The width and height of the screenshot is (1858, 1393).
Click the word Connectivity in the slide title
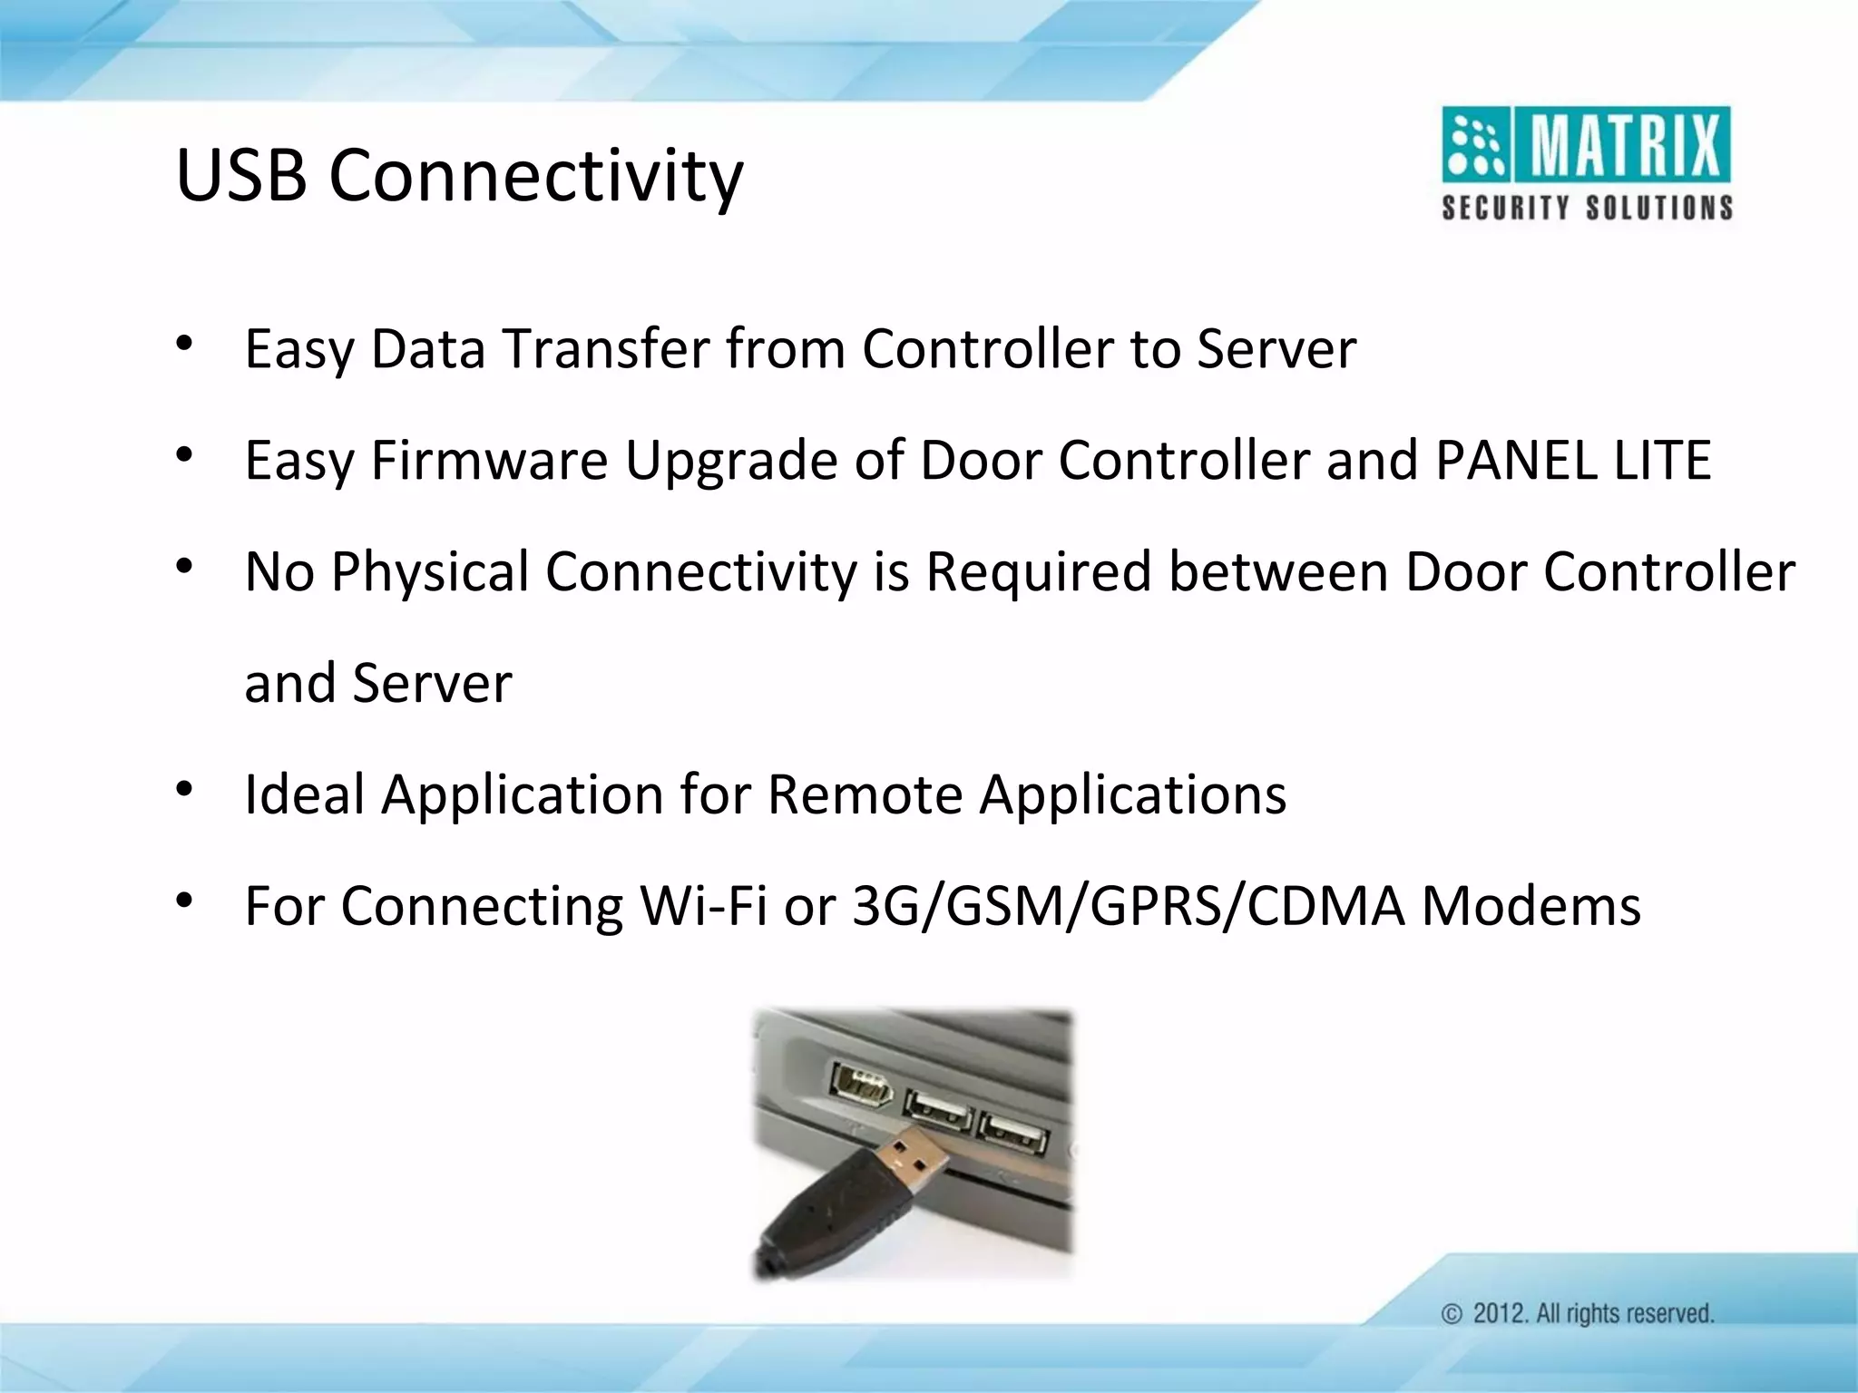point(535,177)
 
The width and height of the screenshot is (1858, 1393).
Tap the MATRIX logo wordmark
point(1625,146)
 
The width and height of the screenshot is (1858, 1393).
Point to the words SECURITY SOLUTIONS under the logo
point(1587,208)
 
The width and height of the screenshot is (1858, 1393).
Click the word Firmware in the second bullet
point(490,461)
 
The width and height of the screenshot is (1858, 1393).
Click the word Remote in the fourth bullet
point(865,794)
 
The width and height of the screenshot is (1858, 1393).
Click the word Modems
point(1530,906)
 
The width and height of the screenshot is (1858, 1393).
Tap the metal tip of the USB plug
point(912,1162)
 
